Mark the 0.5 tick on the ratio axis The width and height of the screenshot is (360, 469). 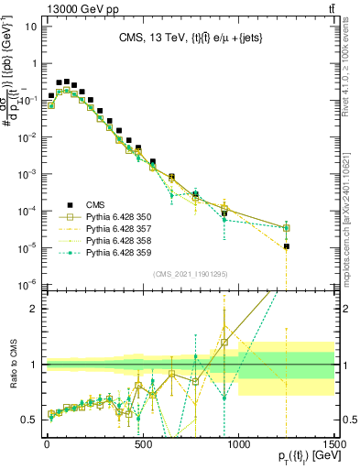pos(32,420)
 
